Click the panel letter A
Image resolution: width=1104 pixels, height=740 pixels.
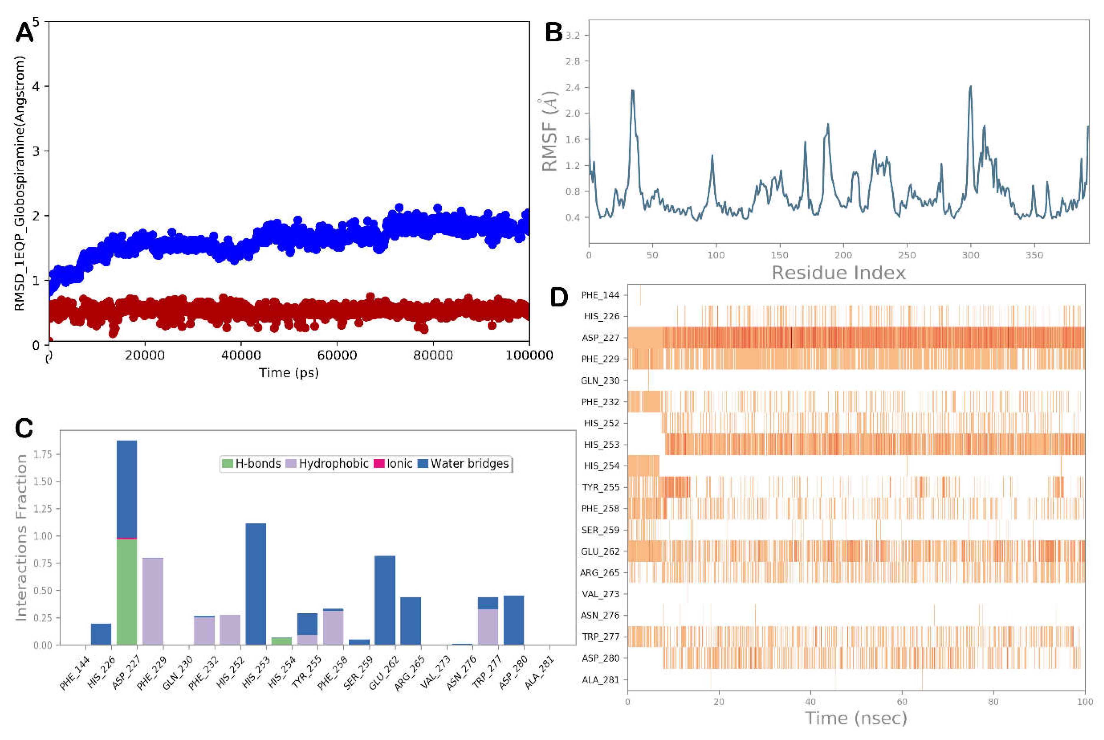(24, 33)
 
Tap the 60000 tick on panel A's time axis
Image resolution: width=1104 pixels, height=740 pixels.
(337, 355)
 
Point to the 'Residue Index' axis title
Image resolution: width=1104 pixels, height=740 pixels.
(838, 273)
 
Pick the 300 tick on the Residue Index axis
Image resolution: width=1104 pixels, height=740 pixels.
(971, 255)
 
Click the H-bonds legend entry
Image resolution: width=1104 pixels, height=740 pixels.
(251, 464)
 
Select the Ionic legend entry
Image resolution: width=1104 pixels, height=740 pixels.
(393, 464)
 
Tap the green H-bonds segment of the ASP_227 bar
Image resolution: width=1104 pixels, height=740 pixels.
(127, 592)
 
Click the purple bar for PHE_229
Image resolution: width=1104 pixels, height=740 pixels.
(153, 602)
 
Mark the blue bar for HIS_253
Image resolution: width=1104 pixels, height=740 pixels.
(256, 584)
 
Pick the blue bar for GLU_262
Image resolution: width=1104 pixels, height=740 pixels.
(385, 600)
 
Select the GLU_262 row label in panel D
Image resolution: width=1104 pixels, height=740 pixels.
(600, 551)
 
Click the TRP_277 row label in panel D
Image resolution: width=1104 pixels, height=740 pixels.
(600, 637)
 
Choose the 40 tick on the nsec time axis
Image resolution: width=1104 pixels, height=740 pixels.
(810, 702)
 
